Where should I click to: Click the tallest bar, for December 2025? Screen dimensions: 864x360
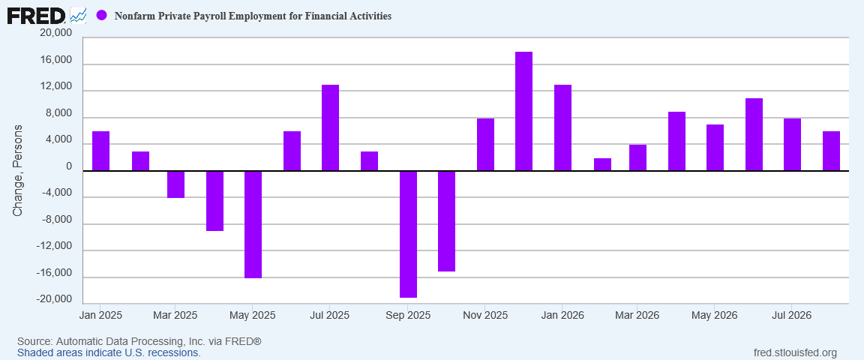tap(523, 111)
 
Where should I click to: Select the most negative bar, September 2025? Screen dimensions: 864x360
tap(408, 234)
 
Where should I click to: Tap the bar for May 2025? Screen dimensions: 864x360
tap(253, 224)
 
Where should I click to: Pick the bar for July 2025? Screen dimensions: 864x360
tap(330, 128)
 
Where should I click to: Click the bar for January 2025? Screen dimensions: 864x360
tap(100, 151)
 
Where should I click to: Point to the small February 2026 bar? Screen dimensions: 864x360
tap(602, 164)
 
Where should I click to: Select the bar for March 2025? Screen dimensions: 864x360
tap(175, 184)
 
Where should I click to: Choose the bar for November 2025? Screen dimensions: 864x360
tap(485, 145)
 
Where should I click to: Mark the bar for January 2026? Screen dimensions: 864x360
tap(562, 128)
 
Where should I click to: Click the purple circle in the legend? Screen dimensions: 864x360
tap(101, 16)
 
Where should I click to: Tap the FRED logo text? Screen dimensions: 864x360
tap(36, 16)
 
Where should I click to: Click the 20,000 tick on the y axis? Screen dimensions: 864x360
tap(56, 34)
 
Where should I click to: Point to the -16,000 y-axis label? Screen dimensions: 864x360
tap(55, 274)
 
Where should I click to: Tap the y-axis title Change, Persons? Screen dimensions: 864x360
tap(18, 171)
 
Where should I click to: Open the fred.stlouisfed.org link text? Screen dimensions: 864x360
tap(794, 352)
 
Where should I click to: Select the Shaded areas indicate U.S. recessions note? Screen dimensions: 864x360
tap(109, 352)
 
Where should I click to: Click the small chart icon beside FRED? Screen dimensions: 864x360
tap(78, 16)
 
